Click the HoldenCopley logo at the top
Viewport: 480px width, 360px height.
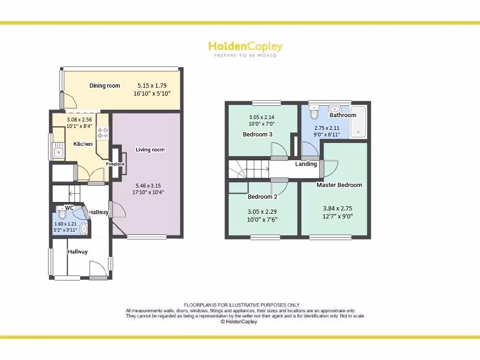point(245,47)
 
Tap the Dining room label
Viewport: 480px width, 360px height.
point(105,86)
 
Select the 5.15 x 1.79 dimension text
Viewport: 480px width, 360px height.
point(152,86)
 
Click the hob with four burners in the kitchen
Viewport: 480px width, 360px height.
point(102,133)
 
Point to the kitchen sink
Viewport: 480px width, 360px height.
point(59,152)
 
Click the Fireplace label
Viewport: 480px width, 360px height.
point(115,164)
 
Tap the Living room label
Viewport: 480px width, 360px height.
point(150,150)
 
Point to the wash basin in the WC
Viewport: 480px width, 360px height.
point(84,229)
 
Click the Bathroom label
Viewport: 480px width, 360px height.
point(343,115)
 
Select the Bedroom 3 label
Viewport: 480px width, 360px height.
point(257,135)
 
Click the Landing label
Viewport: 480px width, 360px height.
point(306,164)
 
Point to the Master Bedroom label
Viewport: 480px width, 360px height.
point(339,185)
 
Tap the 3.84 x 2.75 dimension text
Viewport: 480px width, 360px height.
point(337,208)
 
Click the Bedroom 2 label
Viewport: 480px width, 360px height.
point(262,197)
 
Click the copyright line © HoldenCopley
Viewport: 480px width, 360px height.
point(239,322)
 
